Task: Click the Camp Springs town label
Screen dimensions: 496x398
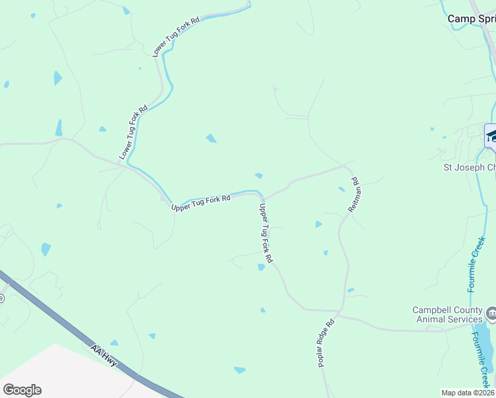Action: (471, 19)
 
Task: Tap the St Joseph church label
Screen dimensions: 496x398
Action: (469, 167)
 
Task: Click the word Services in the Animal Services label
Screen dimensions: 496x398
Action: (464, 319)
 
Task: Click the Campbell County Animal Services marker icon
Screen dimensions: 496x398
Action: (491, 312)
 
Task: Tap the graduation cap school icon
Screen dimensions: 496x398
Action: (491, 136)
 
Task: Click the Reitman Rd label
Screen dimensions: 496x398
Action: (355, 194)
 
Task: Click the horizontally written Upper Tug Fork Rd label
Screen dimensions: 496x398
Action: (200, 202)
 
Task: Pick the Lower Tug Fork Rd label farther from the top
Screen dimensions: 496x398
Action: (133, 131)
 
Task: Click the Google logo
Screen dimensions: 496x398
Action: (22, 390)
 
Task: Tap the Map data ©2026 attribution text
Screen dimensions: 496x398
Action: (468, 393)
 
